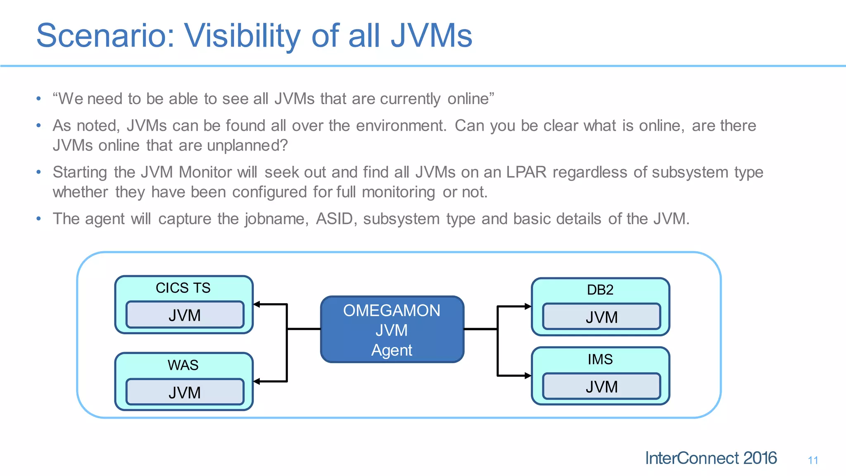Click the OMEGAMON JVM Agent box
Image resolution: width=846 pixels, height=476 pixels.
tap(392, 329)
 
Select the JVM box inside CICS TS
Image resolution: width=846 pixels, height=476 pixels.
tap(185, 315)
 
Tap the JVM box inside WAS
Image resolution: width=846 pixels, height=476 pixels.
tap(185, 392)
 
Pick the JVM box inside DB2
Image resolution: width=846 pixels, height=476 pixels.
tap(601, 317)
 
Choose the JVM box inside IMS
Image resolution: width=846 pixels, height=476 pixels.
tap(601, 386)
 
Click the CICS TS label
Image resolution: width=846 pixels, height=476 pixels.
tap(183, 288)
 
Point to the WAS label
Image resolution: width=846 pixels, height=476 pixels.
tap(183, 365)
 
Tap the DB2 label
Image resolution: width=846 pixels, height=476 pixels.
tap(600, 290)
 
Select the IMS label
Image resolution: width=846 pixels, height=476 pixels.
tap(600, 359)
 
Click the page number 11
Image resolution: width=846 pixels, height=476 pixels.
tap(813, 460)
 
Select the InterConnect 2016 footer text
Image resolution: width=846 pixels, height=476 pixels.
tap(711, 458)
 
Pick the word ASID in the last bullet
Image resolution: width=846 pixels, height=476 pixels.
tap(335, 219)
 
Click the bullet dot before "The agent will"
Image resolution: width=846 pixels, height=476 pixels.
tap(38, 219)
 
